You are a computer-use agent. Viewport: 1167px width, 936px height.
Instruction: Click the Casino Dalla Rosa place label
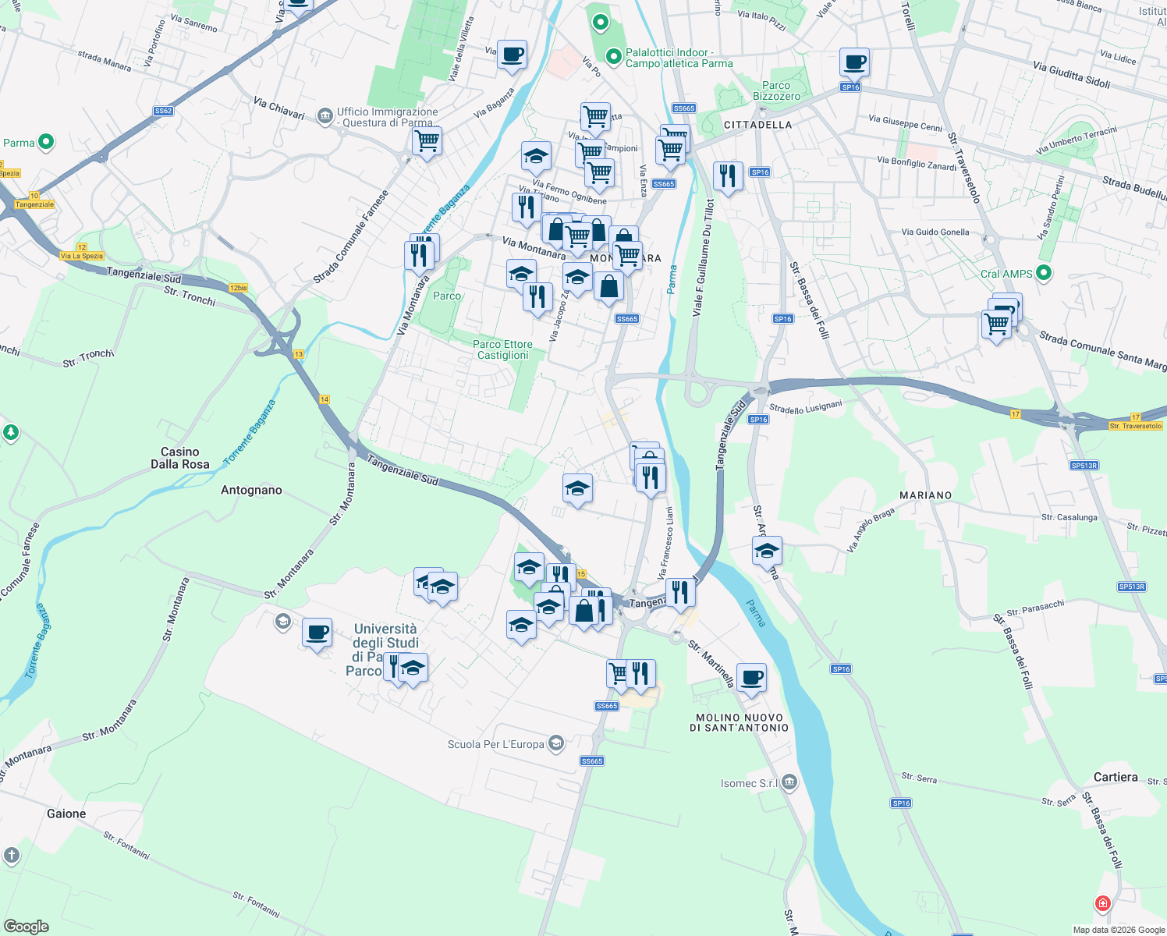point(180,458)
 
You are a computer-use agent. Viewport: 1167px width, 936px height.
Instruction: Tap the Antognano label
point(251,490)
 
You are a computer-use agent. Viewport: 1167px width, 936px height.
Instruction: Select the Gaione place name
point(66,814)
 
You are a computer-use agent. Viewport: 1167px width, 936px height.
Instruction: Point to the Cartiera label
point(1116,777)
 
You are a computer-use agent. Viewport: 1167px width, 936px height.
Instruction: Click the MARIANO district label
point(925,495)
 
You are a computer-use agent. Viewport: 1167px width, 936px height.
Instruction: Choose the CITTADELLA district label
point(757,125)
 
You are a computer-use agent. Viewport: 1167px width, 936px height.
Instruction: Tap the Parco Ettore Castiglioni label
point(502,349)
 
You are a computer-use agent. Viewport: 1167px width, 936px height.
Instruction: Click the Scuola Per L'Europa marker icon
point(556,743)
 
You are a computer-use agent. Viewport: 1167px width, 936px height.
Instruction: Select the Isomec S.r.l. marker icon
point(789,782)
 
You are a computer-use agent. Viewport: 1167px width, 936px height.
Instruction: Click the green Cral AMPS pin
point(1045,273)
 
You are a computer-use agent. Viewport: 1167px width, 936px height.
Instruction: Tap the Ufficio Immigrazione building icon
point(325,117)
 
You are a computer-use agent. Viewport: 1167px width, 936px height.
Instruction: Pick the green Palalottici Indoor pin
point(614,56)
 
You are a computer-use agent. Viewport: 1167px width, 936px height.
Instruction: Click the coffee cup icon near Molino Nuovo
point(751,677)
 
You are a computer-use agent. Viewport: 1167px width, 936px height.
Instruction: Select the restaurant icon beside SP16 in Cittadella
point(727,176)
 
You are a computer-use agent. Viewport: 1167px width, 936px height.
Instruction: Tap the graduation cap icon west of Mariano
point(767,551)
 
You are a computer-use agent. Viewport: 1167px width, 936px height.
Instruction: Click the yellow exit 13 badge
point(298,354)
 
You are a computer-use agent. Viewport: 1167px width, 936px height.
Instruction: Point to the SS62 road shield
point(163,111)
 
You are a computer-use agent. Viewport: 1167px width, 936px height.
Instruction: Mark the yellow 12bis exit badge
point(238,288)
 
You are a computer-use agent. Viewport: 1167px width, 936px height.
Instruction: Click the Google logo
point(27,927)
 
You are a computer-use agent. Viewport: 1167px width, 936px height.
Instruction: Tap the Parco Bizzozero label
point(776,90)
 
